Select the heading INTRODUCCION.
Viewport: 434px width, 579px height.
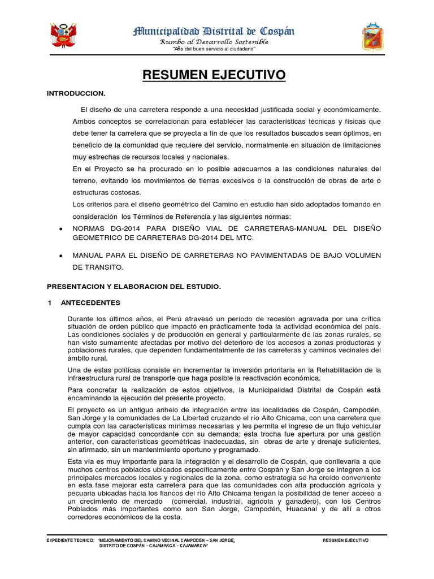76,93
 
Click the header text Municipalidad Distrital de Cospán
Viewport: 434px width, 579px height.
213,32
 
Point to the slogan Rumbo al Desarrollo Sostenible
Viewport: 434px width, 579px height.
214,42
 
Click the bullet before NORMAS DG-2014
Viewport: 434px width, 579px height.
60,228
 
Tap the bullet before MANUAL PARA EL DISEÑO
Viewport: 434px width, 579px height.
60,256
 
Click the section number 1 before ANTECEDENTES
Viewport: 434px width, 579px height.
50,303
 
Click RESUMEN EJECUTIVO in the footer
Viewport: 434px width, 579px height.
346,541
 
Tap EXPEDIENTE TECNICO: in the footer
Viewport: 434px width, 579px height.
70,541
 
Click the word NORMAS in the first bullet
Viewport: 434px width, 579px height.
90,228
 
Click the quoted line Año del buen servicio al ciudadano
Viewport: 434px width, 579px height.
214,50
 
